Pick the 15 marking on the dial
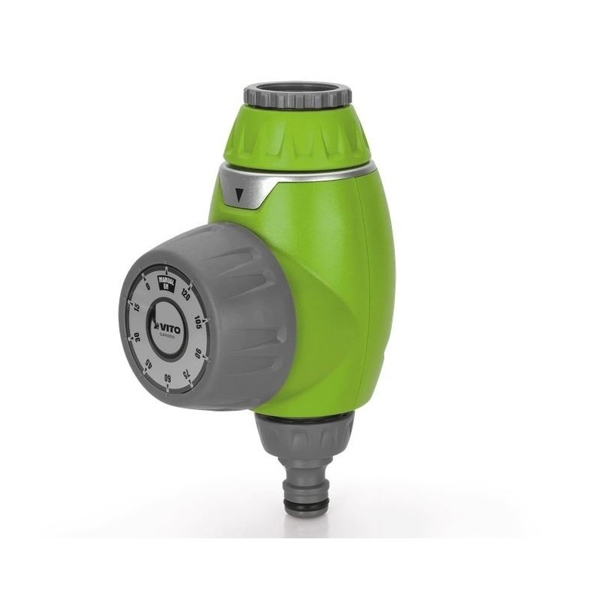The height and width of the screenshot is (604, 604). tap(137, 310)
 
